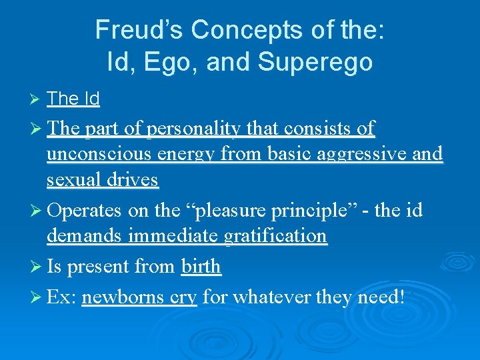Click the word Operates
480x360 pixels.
coord(85,210)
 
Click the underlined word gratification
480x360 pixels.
coord(275,235)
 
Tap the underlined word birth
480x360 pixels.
coord(201,267)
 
